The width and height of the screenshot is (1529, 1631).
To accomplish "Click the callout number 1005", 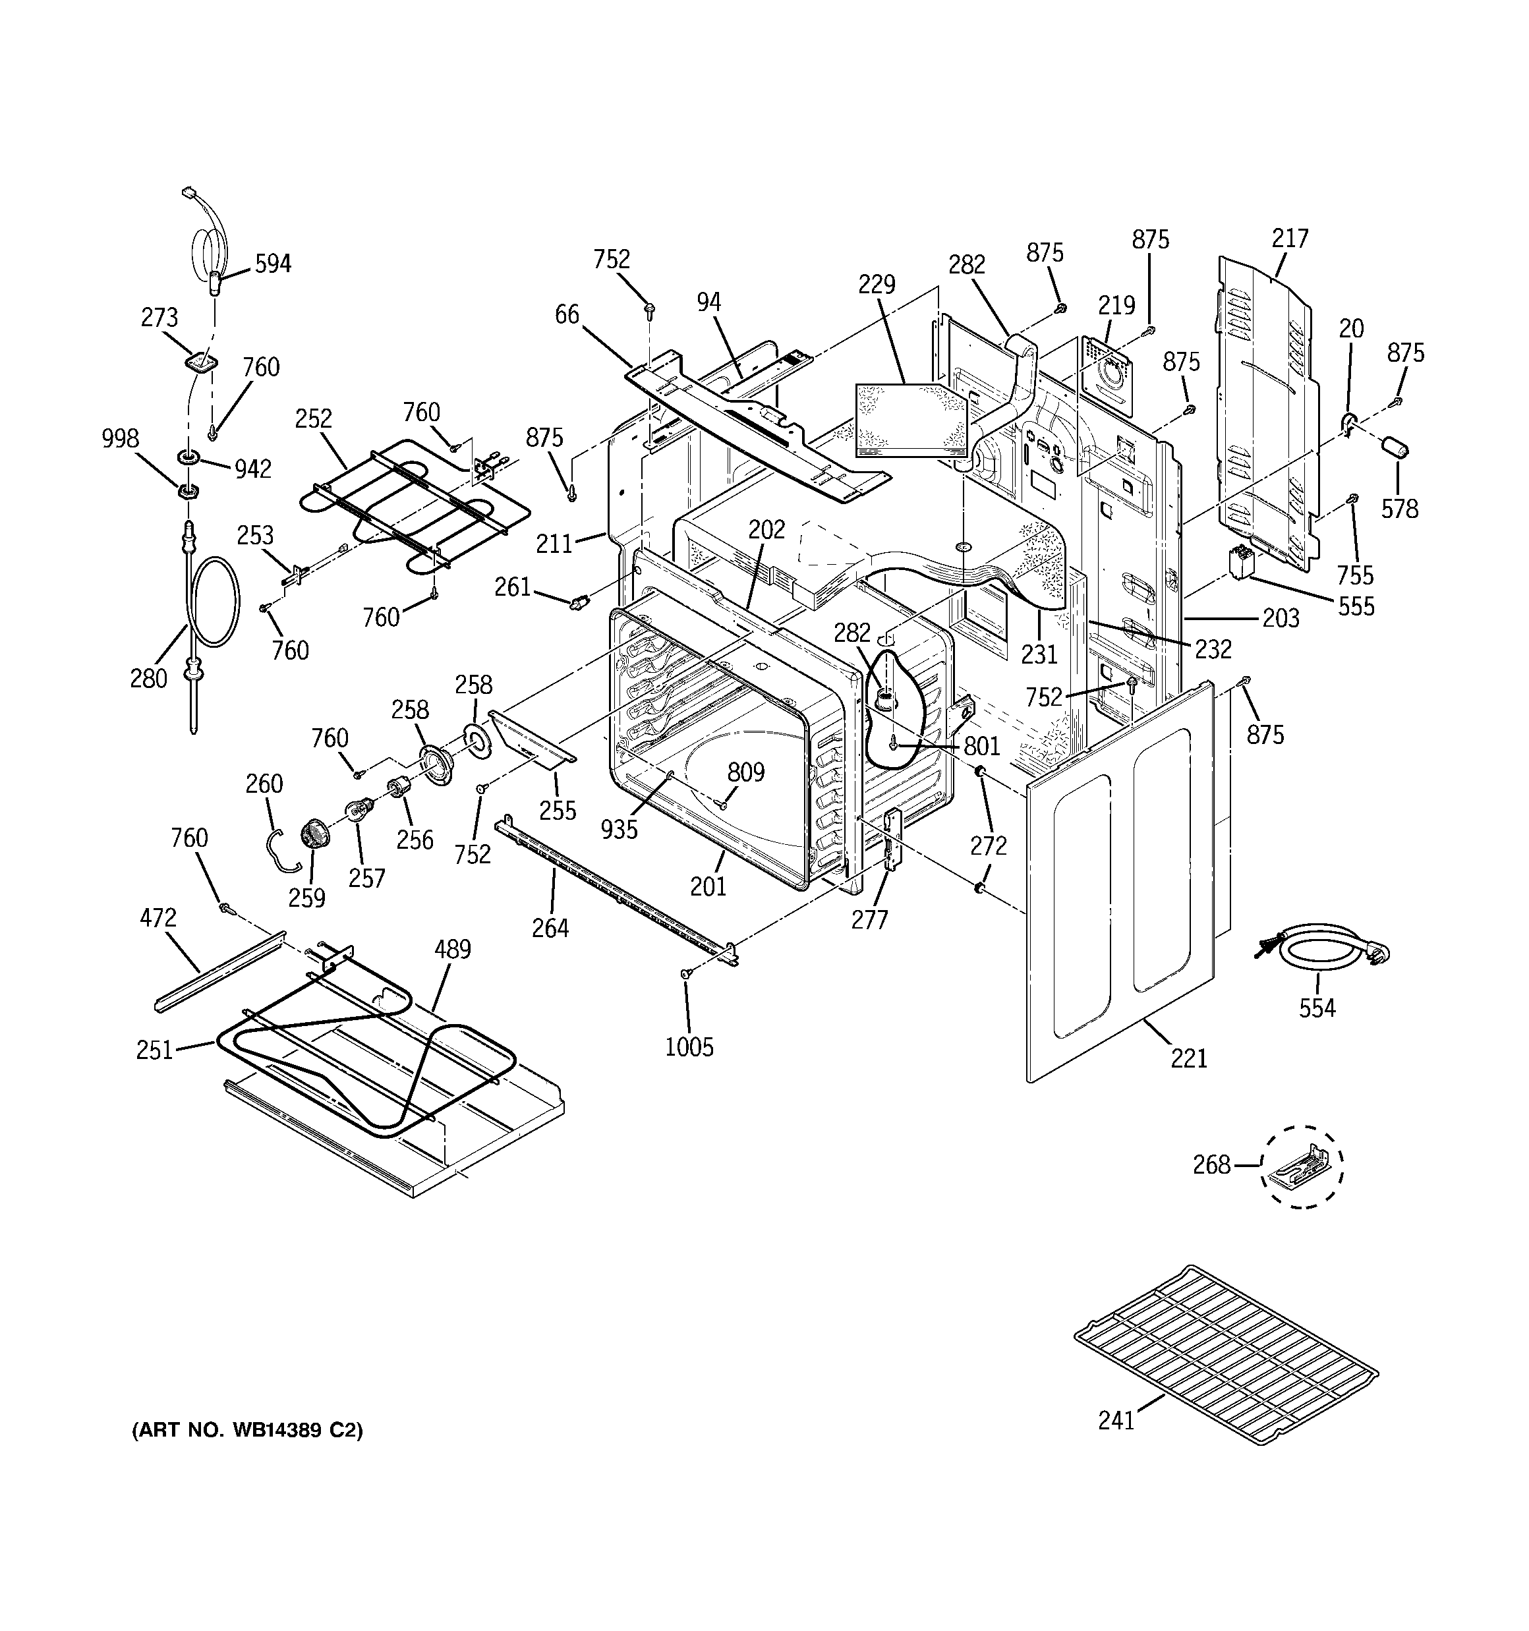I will coord(689,1047).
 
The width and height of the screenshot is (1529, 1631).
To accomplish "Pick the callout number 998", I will coord(120,439).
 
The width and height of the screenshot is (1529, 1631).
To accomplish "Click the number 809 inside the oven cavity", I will coord(745,772).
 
